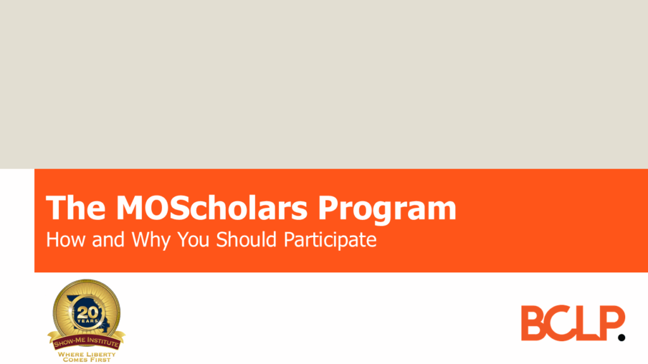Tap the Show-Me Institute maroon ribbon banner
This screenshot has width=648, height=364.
(86, 339)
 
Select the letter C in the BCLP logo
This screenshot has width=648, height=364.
(561, 323)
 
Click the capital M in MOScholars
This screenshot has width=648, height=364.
(126, 208)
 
